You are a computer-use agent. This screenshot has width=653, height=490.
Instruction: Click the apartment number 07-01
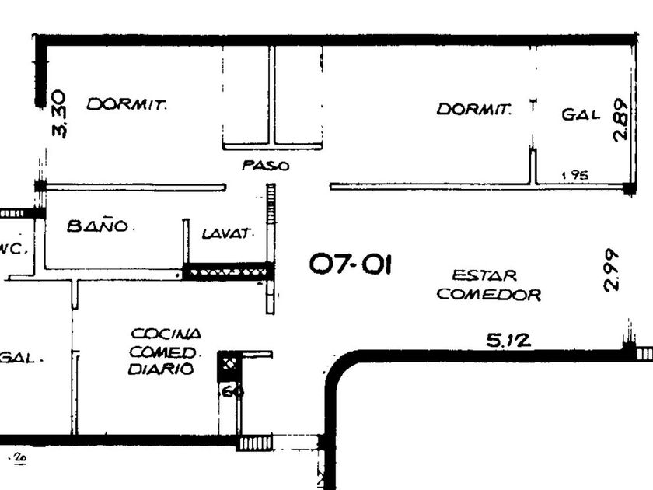coord(351,265)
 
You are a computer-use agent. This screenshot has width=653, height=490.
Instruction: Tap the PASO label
coord(266,166)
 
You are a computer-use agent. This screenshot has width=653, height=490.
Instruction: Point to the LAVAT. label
coord(228,233)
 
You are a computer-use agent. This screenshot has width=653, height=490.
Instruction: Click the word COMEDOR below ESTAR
coord(488,295)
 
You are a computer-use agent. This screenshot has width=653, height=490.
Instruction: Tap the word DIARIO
coord(161,370)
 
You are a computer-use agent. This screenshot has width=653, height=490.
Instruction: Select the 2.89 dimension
coord(620,119)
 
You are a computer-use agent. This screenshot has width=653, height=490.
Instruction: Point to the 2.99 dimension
coord(612,269)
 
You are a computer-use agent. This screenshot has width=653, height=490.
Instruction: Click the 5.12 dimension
coord(508,339)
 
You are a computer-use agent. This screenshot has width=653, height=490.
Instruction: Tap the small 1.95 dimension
coord(574,176)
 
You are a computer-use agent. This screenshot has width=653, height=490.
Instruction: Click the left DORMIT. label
coord(127,104)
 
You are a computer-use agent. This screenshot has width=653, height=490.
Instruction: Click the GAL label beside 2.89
coord(581,115)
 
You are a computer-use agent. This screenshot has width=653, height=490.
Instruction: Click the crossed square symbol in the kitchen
coord(229,362)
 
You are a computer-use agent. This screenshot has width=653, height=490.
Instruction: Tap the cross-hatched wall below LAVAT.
coord(229,271)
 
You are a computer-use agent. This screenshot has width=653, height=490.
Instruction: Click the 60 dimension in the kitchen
coord(232,391)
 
